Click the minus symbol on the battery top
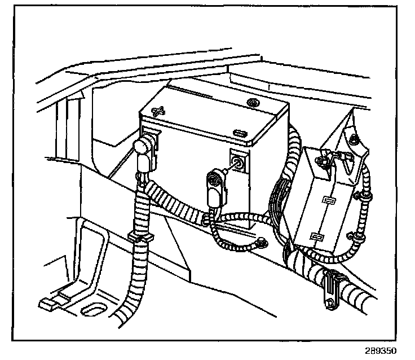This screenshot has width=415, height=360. pyautogui.click(x=240, y=134)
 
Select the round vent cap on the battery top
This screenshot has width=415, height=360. pyautogui.click(x=251, y=103)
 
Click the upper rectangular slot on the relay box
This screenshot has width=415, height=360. pyautogui.click(x=327, y=200)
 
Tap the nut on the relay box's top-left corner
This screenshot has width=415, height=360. pyautogui.click(x=322, y=163)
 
